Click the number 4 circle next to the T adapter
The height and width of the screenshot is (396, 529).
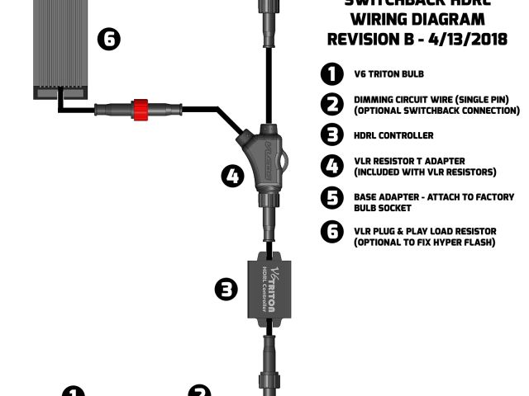click(x=233, y=176)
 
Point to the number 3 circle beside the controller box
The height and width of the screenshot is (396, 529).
click(x=226, y=289)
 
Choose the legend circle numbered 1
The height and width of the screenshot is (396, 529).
click(x=331, y=74)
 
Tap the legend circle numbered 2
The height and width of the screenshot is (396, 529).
click(x=331, y=105)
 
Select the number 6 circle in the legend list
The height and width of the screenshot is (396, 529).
click(x=331, y=233)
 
